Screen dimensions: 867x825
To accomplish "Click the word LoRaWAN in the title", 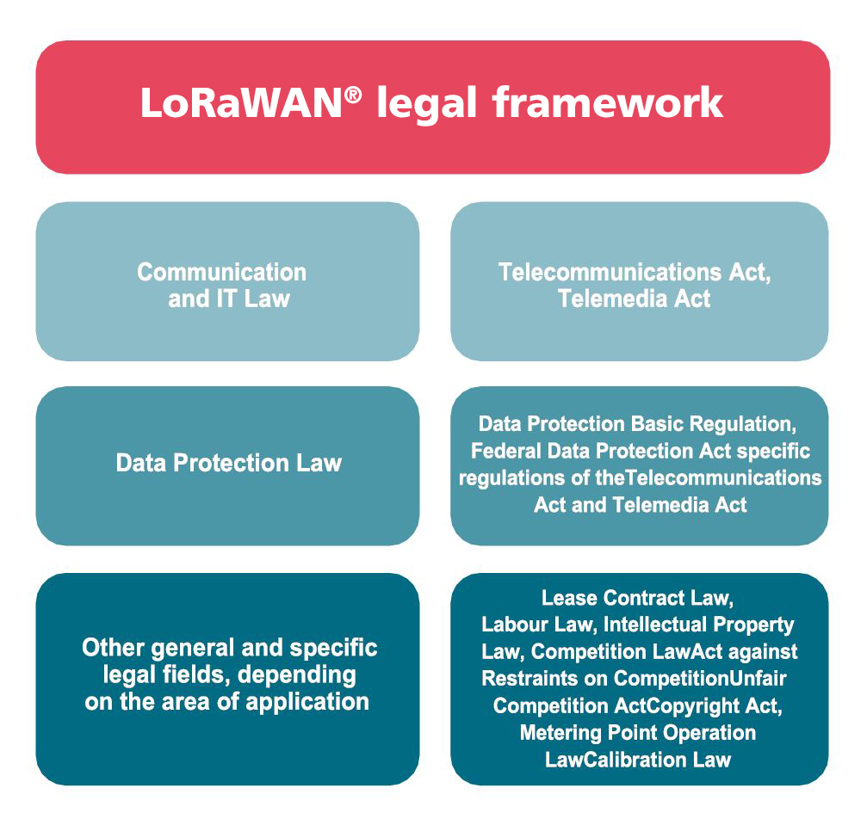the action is (x=242, y=102).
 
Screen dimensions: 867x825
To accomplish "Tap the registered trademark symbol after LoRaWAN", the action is (x=353, y=95).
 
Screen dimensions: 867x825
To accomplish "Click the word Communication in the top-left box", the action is (x=222, y=272).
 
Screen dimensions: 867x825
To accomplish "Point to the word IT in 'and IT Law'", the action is (x=226, y=299).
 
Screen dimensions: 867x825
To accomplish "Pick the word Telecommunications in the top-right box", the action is (x=610, y=272).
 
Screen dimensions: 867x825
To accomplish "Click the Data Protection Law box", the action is (x=228, y=465).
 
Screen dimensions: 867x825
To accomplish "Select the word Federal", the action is (x=506, y=451).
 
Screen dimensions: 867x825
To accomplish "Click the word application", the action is (x=307, y=702).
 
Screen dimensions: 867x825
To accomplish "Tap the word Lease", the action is (x=569, y=597).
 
